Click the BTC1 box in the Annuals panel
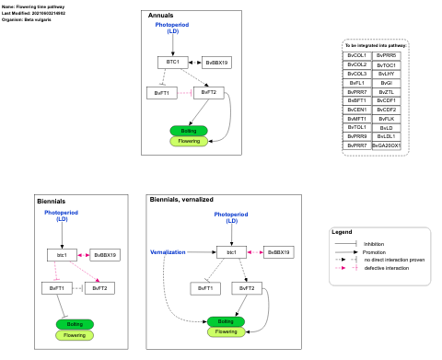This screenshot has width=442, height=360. click(172, 62)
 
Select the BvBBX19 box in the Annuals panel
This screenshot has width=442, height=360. click(217, 63)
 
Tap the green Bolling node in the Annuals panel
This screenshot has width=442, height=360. click(189, 131)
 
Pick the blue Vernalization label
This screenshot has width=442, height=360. click(168, 252)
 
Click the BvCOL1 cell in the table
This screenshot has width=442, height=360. click(356, 56)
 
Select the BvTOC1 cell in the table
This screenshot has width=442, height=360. click(387, 65)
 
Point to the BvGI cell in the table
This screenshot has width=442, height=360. click(387, 83)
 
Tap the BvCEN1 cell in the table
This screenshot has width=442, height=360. click(356, 110)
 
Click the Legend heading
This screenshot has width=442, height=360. click(342, 231)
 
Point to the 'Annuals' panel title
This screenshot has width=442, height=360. click(161, 16)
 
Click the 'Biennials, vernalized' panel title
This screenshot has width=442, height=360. click(181, 199)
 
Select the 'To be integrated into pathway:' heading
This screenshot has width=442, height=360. click(375, 45)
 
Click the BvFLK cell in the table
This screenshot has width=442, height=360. click(387, 119)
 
